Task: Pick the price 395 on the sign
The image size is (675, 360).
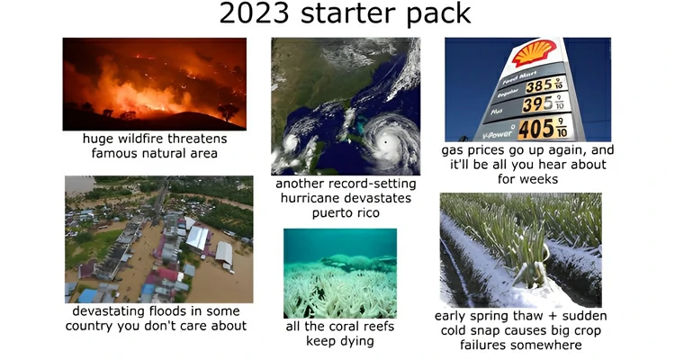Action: [539, 105]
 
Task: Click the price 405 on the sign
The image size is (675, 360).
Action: [535, 128]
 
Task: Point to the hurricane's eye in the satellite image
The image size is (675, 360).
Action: [385, 142]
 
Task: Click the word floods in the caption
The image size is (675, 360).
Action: [166, 310]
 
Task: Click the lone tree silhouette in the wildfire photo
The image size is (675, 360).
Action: [227, 111]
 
